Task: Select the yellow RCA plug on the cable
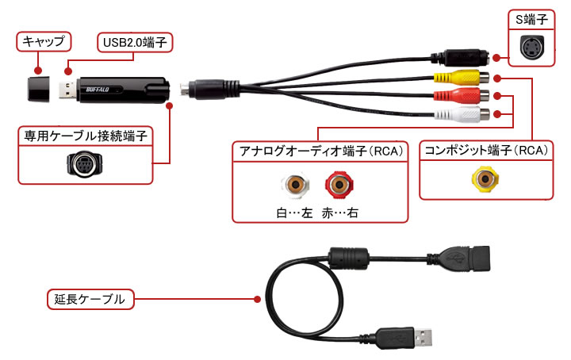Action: [460, 78]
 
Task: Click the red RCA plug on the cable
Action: [460, 97]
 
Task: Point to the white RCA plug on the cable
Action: [460, 114]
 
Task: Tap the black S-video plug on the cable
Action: [465, 58]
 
